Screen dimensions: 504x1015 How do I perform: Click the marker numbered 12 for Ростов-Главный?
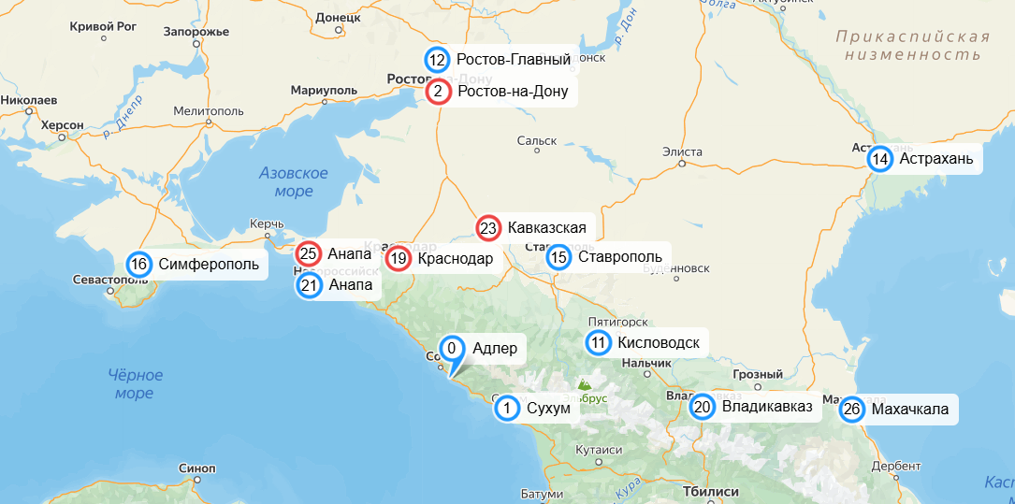tap(437, 60)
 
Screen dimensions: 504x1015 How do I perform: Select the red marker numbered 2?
tap(438, 92)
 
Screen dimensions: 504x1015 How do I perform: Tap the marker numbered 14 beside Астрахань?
tap(880, 159)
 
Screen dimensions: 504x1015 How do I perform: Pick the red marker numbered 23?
tap(488, 227)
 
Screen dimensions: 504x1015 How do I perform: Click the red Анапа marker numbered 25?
tap(309, 253)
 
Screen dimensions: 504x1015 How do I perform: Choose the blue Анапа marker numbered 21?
tap(310, 284)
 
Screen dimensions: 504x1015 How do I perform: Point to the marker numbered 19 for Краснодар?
tap(399, 259)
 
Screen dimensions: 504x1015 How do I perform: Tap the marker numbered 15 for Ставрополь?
tap(558, 257)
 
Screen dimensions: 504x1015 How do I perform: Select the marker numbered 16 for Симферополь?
tap(139, 264)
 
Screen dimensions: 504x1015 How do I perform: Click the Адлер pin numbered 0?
tap(452, 350)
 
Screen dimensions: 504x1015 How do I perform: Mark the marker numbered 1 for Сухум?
tap(506, 408)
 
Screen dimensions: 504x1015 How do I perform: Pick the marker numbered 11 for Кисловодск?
tap(599, 343)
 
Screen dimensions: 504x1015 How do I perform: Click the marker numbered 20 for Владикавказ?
tap(703, 407)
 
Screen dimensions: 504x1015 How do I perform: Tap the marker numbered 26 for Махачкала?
tap(851, 410)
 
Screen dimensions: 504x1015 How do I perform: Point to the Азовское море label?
tap(294, 182)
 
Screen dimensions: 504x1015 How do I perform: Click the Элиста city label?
tap(682, 151)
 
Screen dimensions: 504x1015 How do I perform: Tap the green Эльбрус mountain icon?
tap(585, 383)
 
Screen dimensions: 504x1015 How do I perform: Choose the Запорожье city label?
tap(196, 31)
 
